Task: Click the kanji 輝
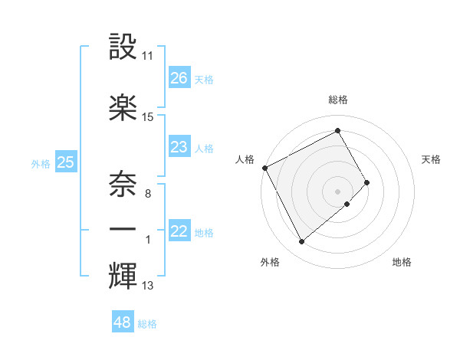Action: (123, 274)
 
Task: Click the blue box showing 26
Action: (179, 78)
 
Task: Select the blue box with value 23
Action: (179, 147)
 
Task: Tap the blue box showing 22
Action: (179, 232)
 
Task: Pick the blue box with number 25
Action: (66, 162)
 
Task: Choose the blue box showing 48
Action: (123, 322)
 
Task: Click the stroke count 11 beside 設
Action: (148, 56)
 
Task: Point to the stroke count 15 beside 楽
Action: (148, 117)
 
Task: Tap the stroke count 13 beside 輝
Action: (148, 286)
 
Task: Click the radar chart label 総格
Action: (338, 100)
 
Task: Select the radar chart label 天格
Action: (431, 159)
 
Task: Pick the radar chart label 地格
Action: (402, 262)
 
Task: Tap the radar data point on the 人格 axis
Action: (264, 167)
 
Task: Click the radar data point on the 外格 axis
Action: (301, 242)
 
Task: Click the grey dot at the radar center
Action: (338, 191)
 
